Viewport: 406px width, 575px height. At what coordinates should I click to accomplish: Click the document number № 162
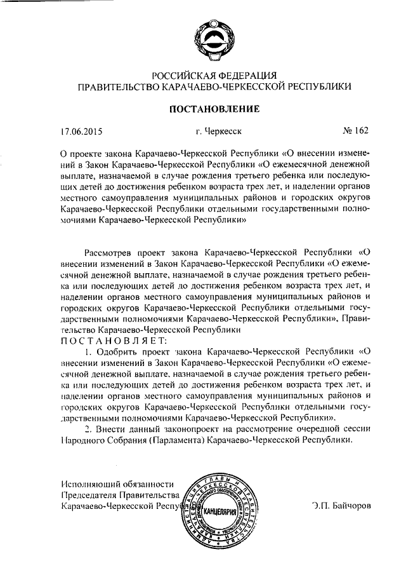[355, 132]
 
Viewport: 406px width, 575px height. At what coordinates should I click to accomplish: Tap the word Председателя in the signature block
[88, 496]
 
